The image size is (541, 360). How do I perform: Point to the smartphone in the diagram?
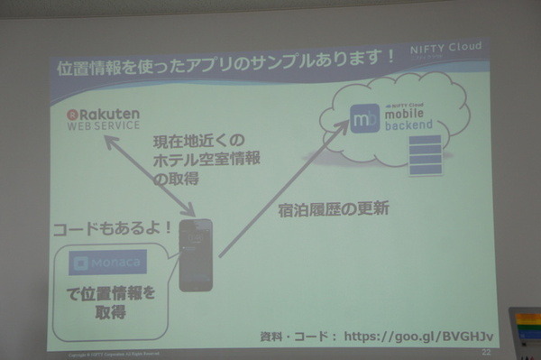pos(196,255)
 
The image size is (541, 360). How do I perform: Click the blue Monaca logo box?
pos(108,263)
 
